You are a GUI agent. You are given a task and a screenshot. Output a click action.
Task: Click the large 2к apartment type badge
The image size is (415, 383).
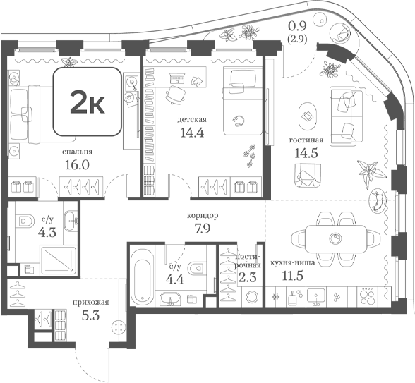pos(88,102)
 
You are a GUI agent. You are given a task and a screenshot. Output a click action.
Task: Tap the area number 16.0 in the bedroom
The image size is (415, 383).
pos(77,165)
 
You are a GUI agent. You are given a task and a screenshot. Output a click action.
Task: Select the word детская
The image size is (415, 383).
pos(192,120)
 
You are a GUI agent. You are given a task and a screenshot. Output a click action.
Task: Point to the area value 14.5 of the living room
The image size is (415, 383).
pos(306,153)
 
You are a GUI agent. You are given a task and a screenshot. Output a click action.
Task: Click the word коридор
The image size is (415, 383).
pos(203,216)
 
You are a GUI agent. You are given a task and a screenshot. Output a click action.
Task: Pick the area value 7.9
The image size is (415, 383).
pos(203,229)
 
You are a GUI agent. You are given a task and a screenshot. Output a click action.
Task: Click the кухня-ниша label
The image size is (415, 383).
pos(292,263)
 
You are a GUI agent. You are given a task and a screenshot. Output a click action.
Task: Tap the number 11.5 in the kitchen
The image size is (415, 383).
pos(292,276)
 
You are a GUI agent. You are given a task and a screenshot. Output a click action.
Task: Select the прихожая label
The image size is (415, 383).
pos(91,303)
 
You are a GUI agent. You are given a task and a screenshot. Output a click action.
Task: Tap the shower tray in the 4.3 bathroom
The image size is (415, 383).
pos(58,260)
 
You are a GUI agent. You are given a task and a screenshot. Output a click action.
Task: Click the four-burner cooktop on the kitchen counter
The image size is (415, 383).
pos(367,297)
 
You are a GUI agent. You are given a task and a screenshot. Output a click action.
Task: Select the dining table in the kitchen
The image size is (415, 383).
pos(336,239)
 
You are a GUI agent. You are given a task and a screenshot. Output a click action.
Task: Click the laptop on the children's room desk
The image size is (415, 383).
pos(177,78)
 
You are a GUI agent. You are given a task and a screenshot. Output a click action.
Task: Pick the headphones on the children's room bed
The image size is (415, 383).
pos(239,121)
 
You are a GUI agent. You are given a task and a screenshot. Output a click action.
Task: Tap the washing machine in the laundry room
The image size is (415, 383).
pos(251,297)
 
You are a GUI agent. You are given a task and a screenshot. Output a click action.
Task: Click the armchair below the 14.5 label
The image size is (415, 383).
pos(308,175)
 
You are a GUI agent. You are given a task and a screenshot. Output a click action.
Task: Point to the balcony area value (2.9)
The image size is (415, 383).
pos(297,39)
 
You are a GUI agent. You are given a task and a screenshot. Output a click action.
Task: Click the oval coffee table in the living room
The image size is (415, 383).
pos(307,116)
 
